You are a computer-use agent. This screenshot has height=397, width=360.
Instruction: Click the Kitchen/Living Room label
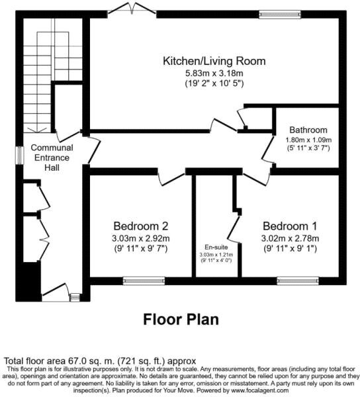coord(214,62)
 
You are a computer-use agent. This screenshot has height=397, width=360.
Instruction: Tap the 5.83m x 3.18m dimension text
coord(214,73)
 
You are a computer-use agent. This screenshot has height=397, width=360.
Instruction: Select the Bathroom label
coord(308,130)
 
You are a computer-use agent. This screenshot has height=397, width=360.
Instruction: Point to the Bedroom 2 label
coord(140,224)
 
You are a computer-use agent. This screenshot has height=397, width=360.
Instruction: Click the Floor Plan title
coord(181,320)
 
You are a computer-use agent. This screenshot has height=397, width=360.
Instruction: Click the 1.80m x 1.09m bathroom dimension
coord(308,140)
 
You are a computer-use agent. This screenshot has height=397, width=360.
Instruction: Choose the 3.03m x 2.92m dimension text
coord(141,238)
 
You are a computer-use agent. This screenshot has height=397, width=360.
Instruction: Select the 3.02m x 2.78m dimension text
coord(291,238)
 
